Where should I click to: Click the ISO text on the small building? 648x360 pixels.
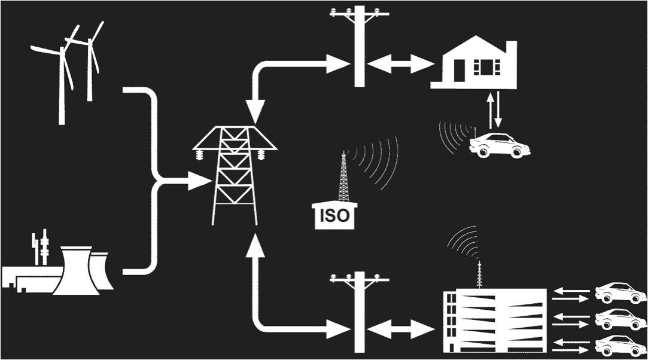(x=334, y=215)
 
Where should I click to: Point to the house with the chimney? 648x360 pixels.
(x=476, y=66)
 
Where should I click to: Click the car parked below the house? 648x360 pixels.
(x=499, y=145)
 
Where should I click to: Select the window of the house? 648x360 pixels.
(x=485, y=66)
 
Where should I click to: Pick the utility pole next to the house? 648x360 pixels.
(x=359, y=45)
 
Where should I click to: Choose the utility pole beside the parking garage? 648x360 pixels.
(x=359, y=311)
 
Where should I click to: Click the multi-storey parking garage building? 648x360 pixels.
(x=494, y=320)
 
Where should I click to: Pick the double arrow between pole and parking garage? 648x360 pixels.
(x=400, y=328)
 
